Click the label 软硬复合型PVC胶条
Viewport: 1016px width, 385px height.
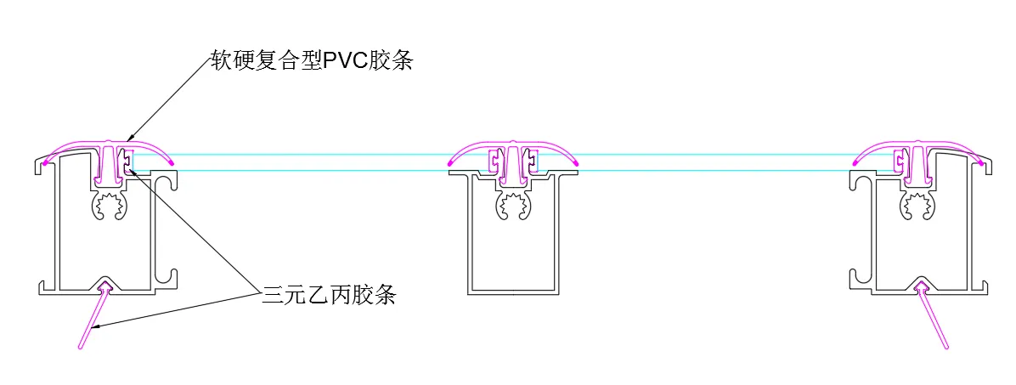point(312,60)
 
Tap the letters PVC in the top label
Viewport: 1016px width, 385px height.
point(345,60)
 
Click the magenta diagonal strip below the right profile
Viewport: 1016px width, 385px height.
point(934,319)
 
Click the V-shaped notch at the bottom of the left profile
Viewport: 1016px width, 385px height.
point(107,281)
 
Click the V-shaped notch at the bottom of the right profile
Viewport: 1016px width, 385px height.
point(921,281)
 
